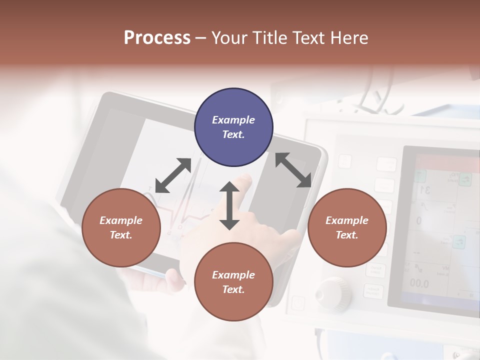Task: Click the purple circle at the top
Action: (233, 127)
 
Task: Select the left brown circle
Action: (121, 227)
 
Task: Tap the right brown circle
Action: (347, 227)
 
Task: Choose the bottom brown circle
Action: (233, 282)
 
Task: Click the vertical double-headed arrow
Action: (229, 205)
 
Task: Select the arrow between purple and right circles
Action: (293, 170)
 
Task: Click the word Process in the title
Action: (157, 38)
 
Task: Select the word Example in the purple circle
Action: (233, 120)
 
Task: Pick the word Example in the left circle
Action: (121, 220)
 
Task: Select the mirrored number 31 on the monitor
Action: (425, 190)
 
